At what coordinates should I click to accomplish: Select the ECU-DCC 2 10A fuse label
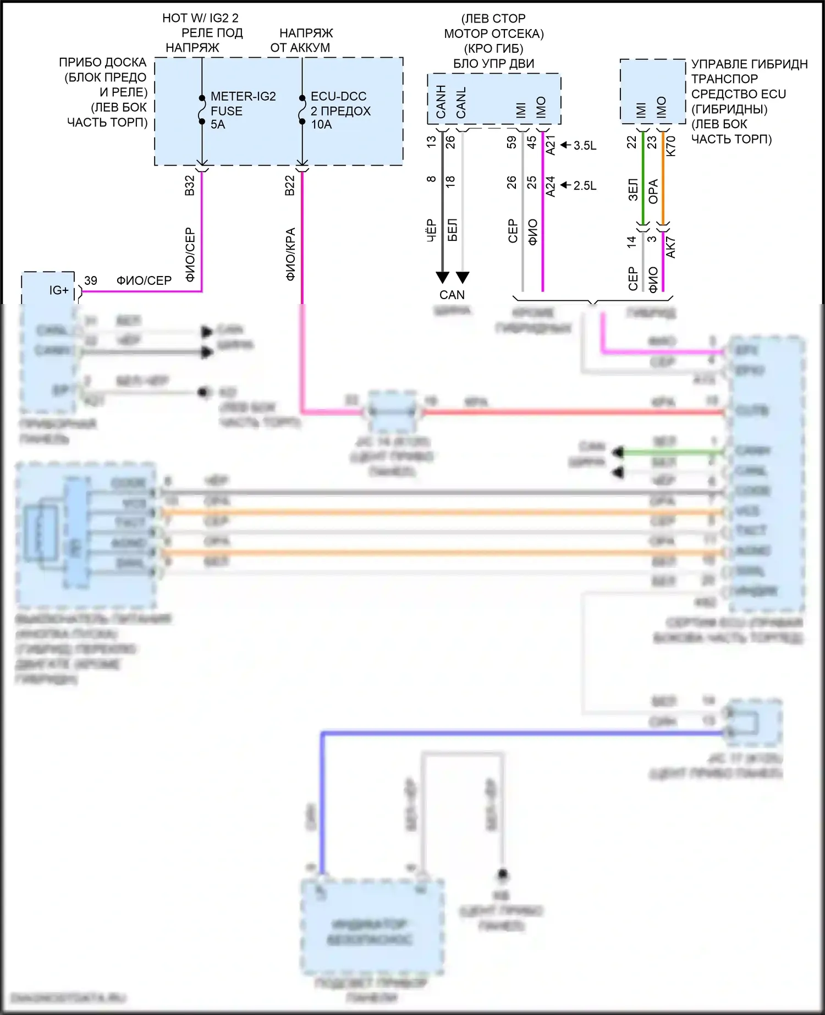coord(340,111)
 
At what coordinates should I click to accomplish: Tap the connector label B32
coord(190,186)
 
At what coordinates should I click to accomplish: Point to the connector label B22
coord(290,186)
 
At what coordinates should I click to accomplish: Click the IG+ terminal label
coord(59,290)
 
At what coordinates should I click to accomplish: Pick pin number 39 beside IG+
coord(91,280)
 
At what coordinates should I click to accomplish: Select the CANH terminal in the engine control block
coord(441,102)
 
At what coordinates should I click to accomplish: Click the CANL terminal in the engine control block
coord(461,102)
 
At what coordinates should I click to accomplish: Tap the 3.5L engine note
coord(585,146)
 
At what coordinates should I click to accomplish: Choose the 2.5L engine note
coord(585,186)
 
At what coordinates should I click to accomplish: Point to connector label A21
coord(551,145)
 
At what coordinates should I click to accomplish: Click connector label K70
coord(670,146)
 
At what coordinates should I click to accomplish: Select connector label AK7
coord(670,248)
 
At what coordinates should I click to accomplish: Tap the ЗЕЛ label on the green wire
coord(632,189)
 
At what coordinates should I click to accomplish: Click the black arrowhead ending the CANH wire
coord(442,277)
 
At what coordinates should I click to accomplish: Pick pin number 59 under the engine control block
coord(512,142)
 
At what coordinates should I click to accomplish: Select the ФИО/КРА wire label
coord(290,254)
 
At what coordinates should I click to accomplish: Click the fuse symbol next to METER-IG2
coord(202,110)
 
